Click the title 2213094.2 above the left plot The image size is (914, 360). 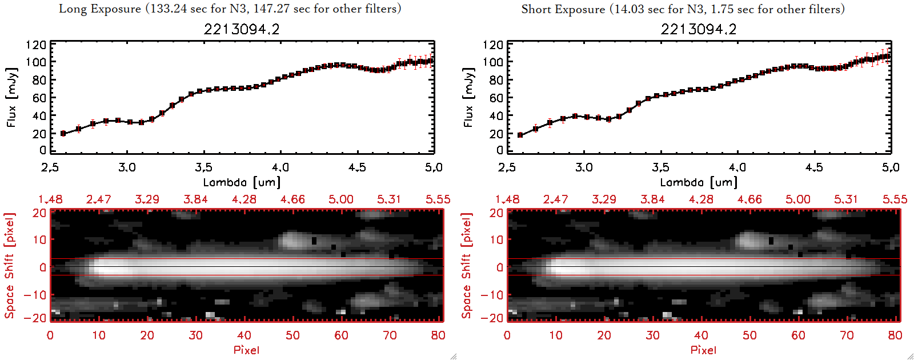pyautogui.click(x=242, y=29)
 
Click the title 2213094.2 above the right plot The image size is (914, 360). pyautogui.click(x=699, y=29)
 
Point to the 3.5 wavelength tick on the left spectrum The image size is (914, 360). pyautogui.click(x=204, y=167)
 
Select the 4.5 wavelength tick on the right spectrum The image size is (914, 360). pyautogui.click(x=814, y=167)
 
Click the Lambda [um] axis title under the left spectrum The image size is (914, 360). pyautogui.click(x=242, y=182)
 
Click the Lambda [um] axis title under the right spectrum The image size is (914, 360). pyautogui.click(x=699, y=182)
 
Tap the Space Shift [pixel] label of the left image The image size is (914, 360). pyautogui.click(x=10, y=266)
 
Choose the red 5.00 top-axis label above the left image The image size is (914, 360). pyautogui.click(x=341, y=199)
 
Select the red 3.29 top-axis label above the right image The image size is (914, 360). pyautogui.click(x=604, y=199)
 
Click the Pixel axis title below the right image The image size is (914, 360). pyautogui.click(x=703, y=350)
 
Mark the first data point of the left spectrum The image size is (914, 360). pyautogui.click(x=63, y=134)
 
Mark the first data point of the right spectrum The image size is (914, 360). pyautogui.click(x=520, y=135)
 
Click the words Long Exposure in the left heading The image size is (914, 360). pyautogui.click(x=100, y=9)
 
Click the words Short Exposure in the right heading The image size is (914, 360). pyautogui.click(x=563, y=9)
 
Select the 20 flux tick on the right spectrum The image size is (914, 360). pyautogui.click(x=495, y=134)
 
